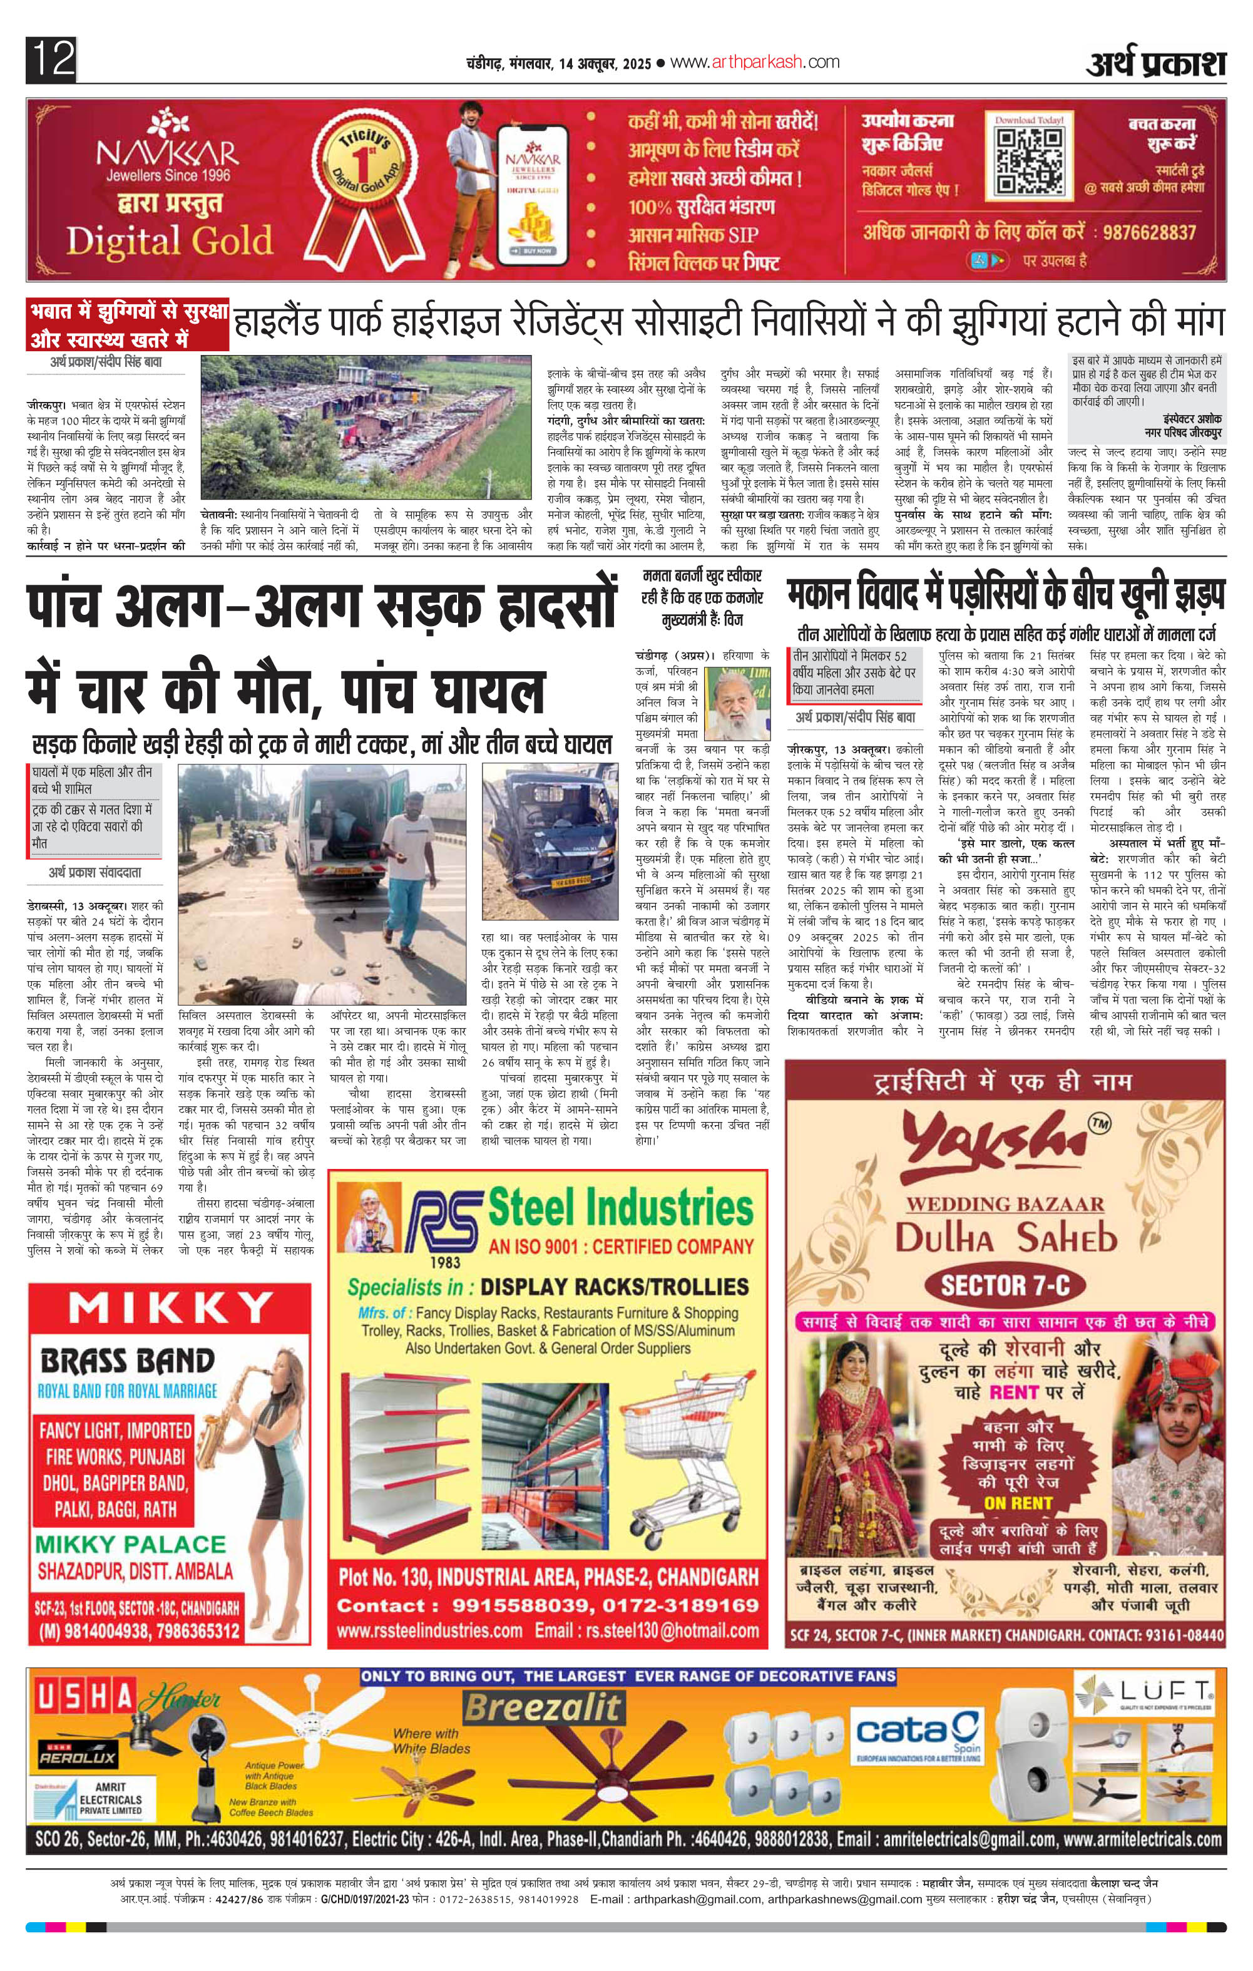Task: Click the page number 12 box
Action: [51, 59]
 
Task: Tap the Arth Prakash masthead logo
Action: [1155, 64]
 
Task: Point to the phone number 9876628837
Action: [1149, 232]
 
